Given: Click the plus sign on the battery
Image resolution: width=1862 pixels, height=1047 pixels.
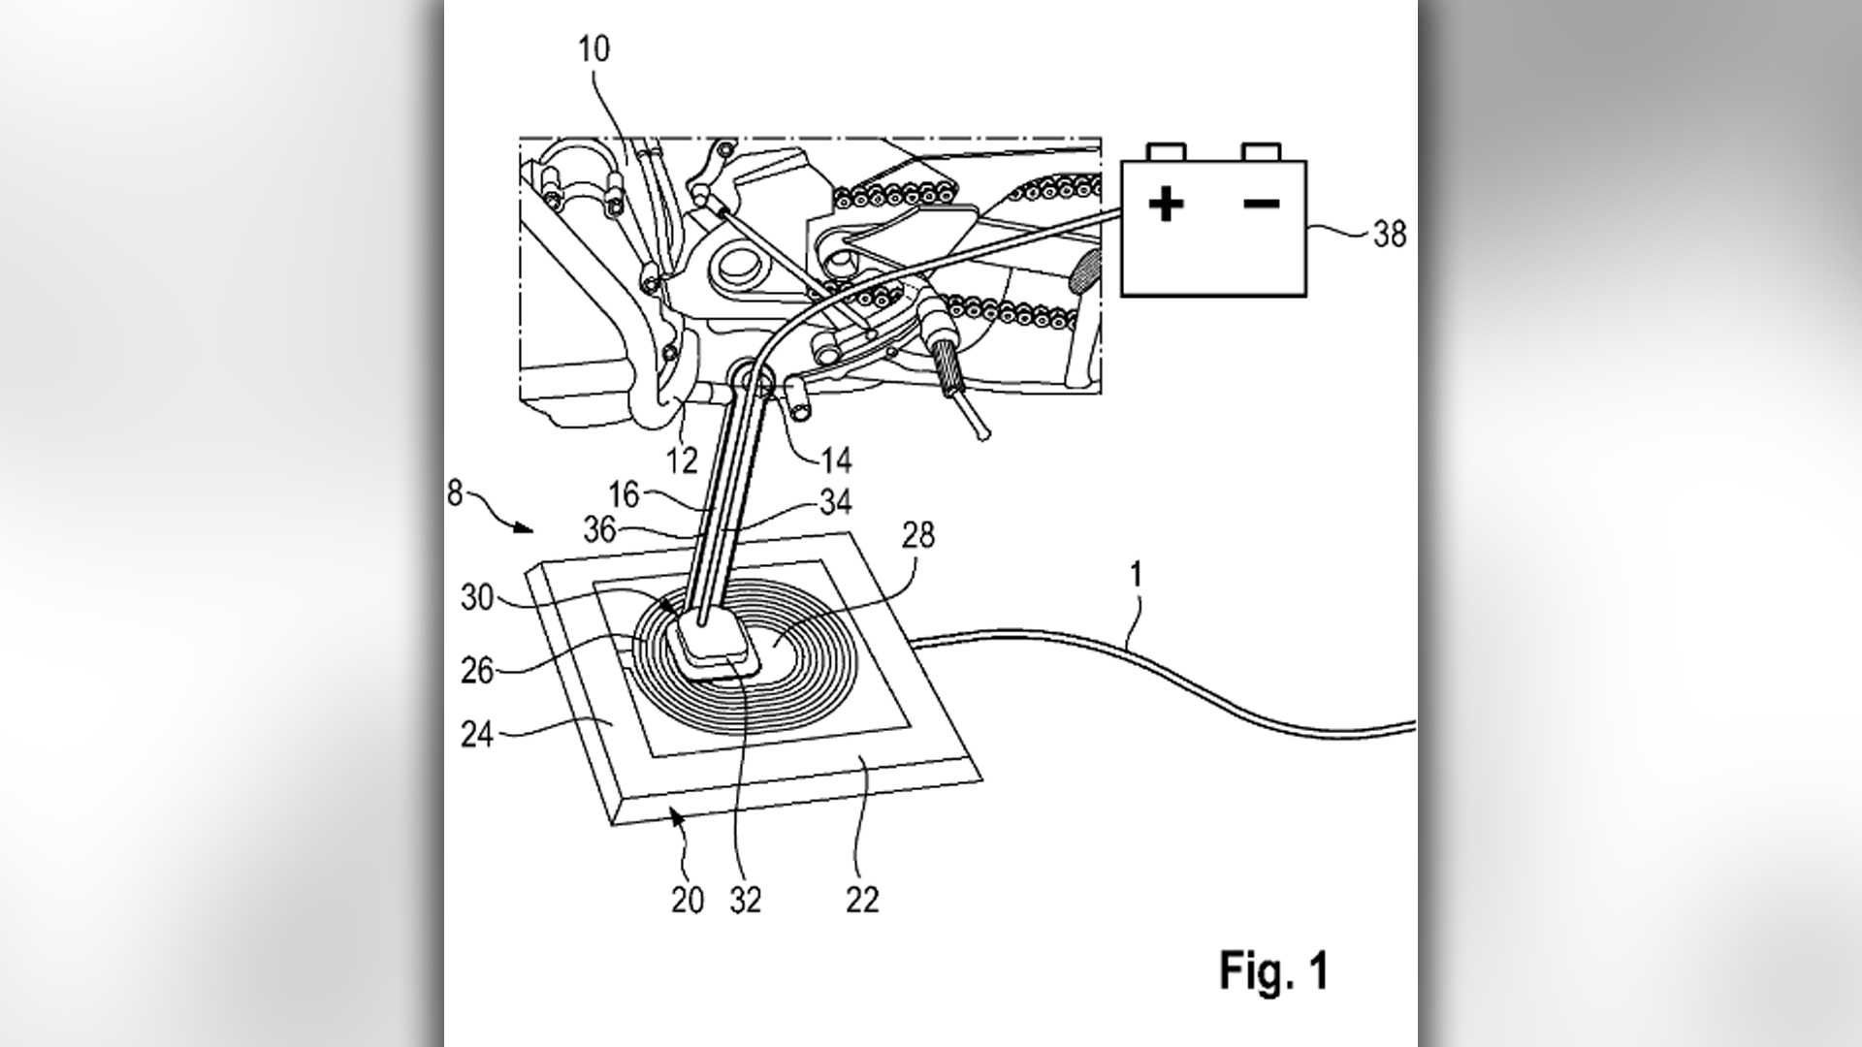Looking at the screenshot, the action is click(1166, 205).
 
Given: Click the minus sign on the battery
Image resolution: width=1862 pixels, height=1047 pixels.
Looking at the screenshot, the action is click(1261, 204).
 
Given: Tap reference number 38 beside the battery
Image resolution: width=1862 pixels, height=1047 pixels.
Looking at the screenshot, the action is click(1389, 234).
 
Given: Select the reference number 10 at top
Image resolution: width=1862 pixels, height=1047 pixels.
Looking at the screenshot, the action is click(594, 49).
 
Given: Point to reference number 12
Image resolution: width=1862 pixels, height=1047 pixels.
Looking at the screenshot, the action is click(683, 460).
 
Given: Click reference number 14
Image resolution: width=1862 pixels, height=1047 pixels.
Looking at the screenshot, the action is click(835, 460).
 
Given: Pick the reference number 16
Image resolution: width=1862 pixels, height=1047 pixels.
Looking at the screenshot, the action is click(624, 494).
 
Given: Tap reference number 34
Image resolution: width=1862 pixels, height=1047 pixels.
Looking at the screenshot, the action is click(835, 501).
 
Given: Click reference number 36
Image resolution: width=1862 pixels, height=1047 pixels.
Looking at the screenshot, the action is click(600, 528).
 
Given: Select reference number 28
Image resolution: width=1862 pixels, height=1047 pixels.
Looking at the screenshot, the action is click(917, 534).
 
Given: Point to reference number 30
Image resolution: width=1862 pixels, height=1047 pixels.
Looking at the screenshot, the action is click(478, 597).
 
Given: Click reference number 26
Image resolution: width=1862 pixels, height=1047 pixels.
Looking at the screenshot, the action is click(477, 670).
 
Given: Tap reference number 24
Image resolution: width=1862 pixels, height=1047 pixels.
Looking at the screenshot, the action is click(477, 734).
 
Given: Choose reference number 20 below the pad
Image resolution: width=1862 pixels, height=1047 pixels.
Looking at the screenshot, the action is click(687, 901).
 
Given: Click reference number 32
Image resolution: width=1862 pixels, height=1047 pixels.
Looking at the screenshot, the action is click(745, 901).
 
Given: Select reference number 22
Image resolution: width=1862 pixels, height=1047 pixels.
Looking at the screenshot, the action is click(861, 901).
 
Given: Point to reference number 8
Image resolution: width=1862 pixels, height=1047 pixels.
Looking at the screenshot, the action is click(455, 492).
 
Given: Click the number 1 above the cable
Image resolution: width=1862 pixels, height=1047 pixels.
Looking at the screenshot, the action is click(1136, 576).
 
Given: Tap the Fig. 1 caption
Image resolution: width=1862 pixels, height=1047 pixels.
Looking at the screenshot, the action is click(1273, 970).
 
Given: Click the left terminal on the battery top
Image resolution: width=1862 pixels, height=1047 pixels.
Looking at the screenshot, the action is click(1166, 152).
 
